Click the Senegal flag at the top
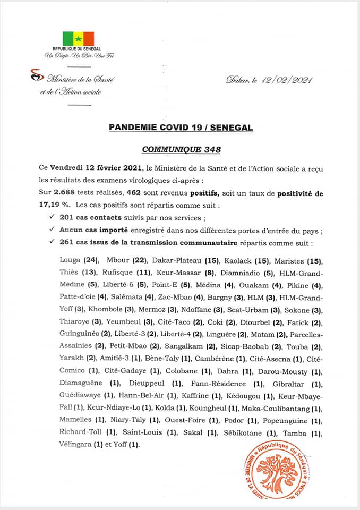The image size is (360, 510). (78, 39)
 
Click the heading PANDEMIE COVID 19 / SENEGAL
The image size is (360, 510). (181, 127)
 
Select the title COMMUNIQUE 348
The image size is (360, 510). (181, 150)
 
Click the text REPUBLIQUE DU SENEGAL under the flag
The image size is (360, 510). (78, 49)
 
